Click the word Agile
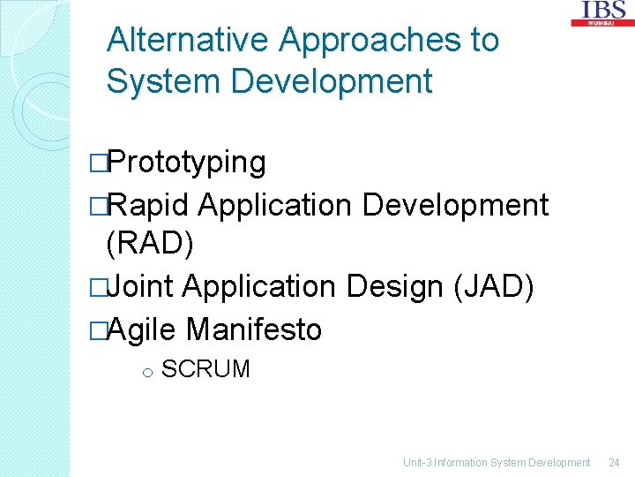point(146,329)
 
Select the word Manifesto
point(254,329)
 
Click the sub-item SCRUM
point(206,369)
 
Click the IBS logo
point(603,12)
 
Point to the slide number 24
point(614,462)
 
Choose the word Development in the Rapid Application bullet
point(455,205)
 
